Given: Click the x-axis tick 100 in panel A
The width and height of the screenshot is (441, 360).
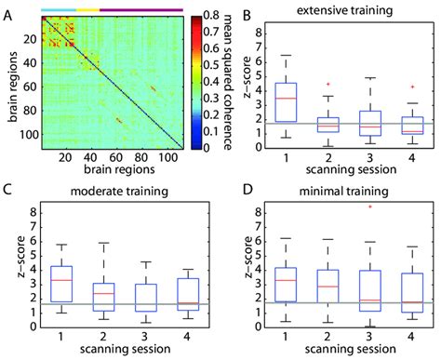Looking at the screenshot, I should coord(169,163).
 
